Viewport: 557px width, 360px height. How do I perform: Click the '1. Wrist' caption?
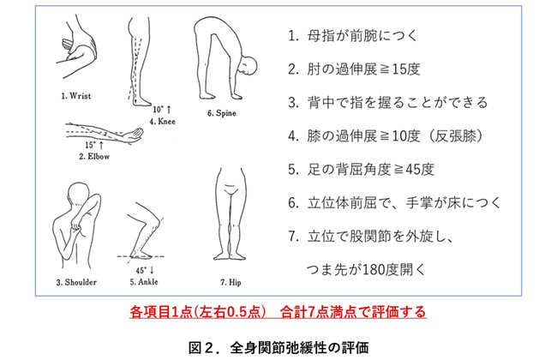click(x=76, y=96)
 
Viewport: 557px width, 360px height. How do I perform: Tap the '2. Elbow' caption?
click(x=94, y=156)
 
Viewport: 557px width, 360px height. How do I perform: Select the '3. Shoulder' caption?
click(x=76, y=282)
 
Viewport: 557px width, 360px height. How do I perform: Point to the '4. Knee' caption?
click(x=162, y=121)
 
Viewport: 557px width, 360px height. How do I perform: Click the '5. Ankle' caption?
click(x=144, y=282)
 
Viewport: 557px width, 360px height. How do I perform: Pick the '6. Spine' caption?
click(x=222, y=113)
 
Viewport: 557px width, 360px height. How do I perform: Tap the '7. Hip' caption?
click(x=231, y=282)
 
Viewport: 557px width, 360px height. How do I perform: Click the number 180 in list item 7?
click(x=372, y=270)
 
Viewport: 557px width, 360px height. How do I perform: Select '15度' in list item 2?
click(x=406, y=69)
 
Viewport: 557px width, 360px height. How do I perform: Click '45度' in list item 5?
click(x=420, y=170)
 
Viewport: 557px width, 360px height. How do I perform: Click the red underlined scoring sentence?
click(x=278, y=312)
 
